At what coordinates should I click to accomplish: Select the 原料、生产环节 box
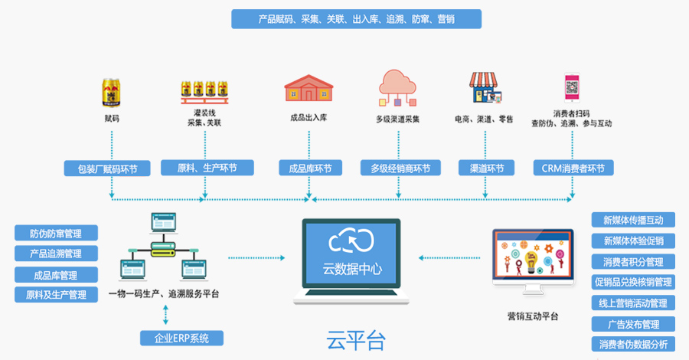(207, 169)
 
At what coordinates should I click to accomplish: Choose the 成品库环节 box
(308, 169)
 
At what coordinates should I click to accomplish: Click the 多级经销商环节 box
(400, 169)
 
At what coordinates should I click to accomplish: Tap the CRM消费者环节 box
(573, 169)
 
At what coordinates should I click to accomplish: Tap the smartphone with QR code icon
(572, 89)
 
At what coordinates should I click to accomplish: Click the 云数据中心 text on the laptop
(353, 270)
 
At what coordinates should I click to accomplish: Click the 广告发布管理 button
(633, 324)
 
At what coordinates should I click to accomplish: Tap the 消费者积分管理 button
(633, 262)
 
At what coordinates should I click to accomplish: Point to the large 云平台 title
(355, 339)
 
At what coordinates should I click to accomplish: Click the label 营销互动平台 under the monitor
(533, 316)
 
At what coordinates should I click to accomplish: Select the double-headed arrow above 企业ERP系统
(165, 314)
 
